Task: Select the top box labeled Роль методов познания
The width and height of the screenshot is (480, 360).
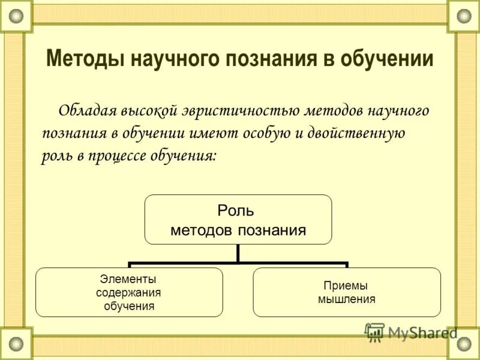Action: [238, 219]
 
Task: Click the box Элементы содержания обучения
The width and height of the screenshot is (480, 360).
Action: [129, 292]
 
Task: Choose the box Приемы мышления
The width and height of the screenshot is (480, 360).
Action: [346, 292]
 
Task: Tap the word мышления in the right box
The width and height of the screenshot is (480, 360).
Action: [346, 299]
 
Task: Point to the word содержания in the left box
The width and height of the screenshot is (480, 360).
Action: [128, 292]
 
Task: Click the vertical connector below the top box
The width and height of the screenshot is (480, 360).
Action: [238, 253]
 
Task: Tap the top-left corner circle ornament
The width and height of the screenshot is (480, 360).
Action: [16, 17]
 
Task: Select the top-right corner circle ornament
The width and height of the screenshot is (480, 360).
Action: [464, 17]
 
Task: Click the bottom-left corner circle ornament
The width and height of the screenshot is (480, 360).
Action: [16, 344]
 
